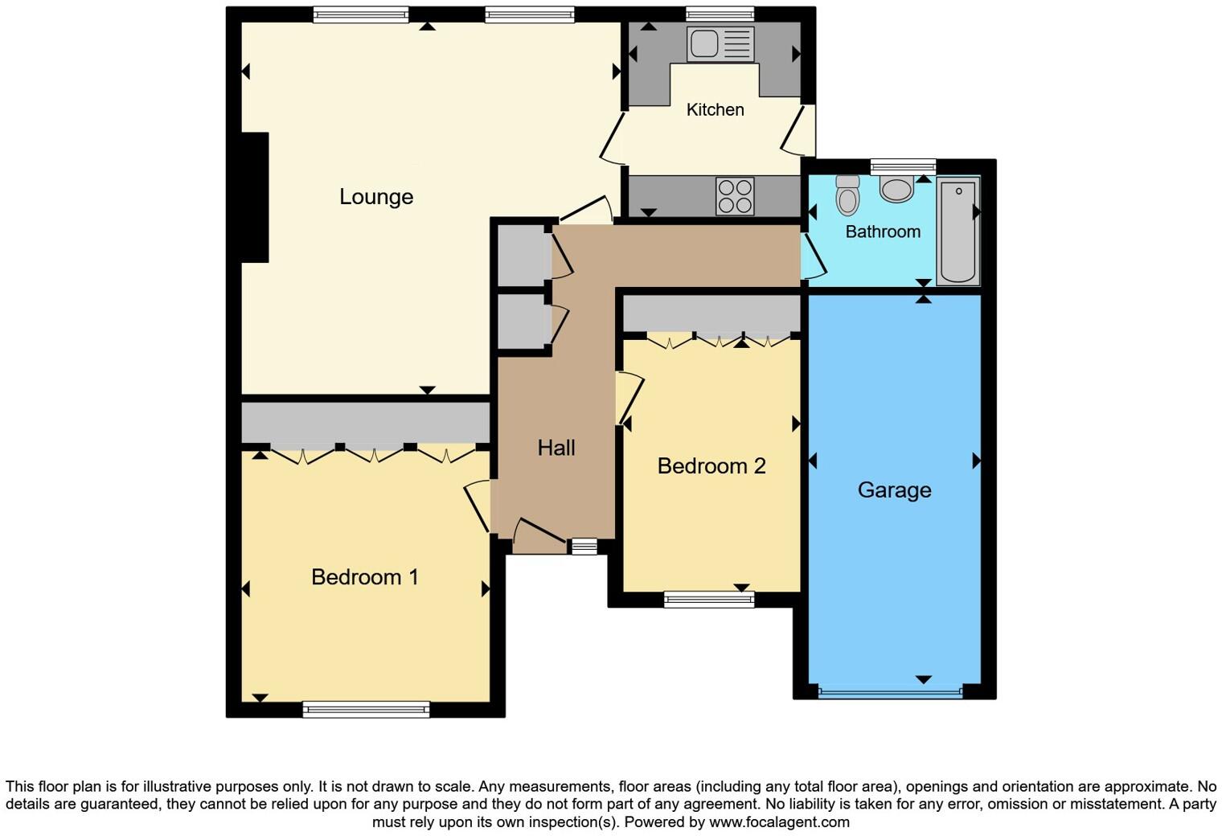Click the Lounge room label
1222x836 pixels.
click(376, 197)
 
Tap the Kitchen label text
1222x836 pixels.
click(715, 110)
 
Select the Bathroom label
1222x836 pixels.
click(883, 232)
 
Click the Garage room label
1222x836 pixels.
click(894, 490)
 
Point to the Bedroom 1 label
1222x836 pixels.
click(364, 577)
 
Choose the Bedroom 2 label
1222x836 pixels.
click(711, 466)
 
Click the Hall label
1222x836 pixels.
click(556, 448)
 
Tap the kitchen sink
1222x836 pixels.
click(720, 43)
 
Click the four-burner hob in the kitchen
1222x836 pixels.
click(735, 196)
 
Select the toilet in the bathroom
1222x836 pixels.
click(847, 195)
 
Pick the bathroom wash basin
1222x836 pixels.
click(896, 190)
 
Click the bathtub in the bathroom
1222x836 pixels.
click(958, 231)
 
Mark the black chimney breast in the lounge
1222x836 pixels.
click(255, 197)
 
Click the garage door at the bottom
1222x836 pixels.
click(890, 691)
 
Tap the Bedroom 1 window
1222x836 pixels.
click(366, 709)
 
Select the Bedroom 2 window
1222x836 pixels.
click(708, 599)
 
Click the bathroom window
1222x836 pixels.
click(903, 166)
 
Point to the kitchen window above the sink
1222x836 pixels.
click(720, 14)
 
